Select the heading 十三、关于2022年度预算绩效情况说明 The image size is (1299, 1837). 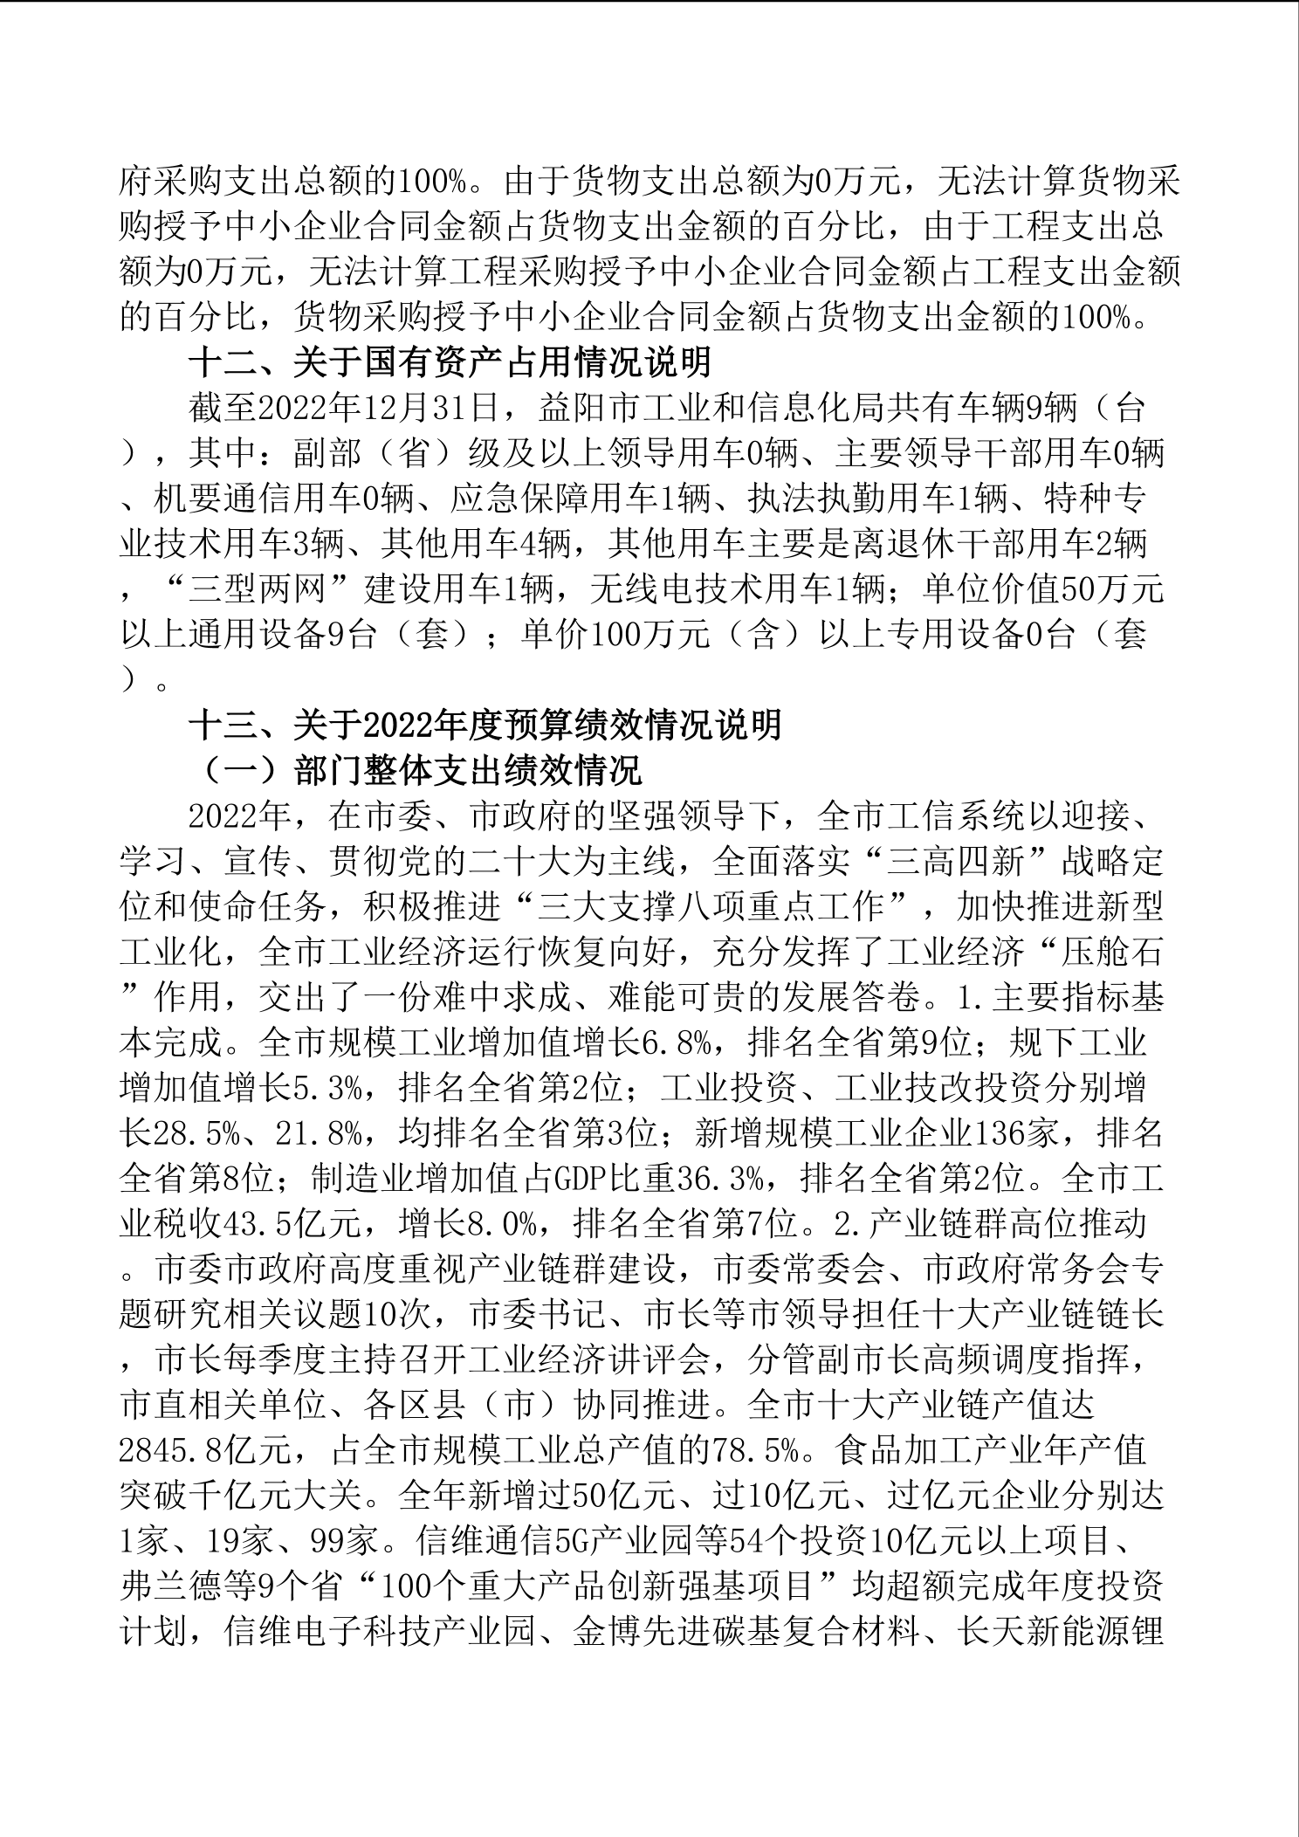[x=485, y=726]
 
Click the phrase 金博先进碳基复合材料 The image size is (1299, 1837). [x=747, y=1634]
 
